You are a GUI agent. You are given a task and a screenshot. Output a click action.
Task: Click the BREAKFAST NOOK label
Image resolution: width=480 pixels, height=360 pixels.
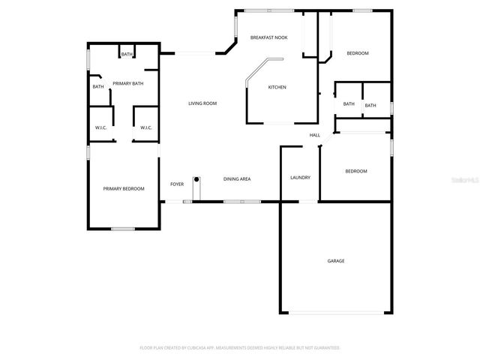269,37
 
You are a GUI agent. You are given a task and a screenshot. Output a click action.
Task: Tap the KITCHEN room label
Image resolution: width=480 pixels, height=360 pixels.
277,87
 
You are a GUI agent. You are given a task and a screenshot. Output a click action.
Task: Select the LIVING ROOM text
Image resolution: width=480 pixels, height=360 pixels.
202,103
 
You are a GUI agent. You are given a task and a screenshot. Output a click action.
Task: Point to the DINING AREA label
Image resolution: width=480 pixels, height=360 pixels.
237,179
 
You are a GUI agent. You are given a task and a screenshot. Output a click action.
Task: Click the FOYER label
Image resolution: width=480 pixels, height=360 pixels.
177,184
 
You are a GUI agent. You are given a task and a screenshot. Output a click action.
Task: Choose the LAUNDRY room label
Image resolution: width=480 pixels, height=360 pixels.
300,178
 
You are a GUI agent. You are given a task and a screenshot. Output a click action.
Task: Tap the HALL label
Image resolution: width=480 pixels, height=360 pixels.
315,135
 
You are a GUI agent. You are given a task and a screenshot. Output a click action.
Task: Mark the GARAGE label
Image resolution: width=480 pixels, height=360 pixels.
335,261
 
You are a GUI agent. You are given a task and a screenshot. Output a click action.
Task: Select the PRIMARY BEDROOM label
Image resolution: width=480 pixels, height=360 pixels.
124,188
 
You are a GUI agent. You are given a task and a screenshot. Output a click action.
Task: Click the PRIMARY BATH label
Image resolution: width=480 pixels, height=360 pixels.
127,83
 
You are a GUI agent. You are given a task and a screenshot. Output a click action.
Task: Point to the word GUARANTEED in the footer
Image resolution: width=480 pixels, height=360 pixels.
325,348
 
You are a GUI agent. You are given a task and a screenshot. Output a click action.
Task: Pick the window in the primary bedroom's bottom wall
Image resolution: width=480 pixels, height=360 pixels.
122,228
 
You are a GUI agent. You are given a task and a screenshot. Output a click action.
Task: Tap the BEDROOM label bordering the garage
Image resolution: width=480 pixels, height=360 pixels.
355,172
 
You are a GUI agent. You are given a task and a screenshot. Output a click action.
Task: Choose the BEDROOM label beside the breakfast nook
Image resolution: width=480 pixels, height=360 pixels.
357,53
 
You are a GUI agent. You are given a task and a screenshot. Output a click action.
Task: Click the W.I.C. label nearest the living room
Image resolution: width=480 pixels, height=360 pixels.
146,128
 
